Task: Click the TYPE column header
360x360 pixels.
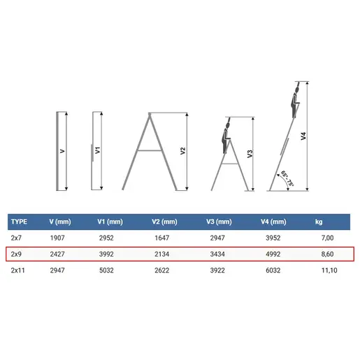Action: point(19,222)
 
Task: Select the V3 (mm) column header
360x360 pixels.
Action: point(219,222)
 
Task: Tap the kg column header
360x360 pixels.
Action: point(319,222)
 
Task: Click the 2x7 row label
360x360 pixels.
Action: point(16,238)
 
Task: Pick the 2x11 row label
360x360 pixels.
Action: point(17,271)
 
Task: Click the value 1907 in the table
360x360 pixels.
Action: point(57,238)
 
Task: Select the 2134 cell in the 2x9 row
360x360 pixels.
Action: point(162,254)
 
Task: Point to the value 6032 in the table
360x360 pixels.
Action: point(273,271)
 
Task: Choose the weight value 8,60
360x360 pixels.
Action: point(327,254)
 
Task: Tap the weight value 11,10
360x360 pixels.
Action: point(329,271)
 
